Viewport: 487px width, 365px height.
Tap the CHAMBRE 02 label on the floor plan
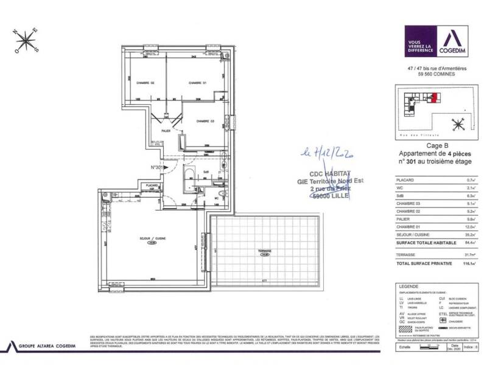[144, 83]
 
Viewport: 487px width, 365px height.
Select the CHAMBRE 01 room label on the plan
[198, 83]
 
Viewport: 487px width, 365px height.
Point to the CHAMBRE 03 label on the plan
[205, 121]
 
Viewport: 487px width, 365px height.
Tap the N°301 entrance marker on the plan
[158, 167]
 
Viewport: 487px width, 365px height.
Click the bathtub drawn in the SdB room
[187, 180]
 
